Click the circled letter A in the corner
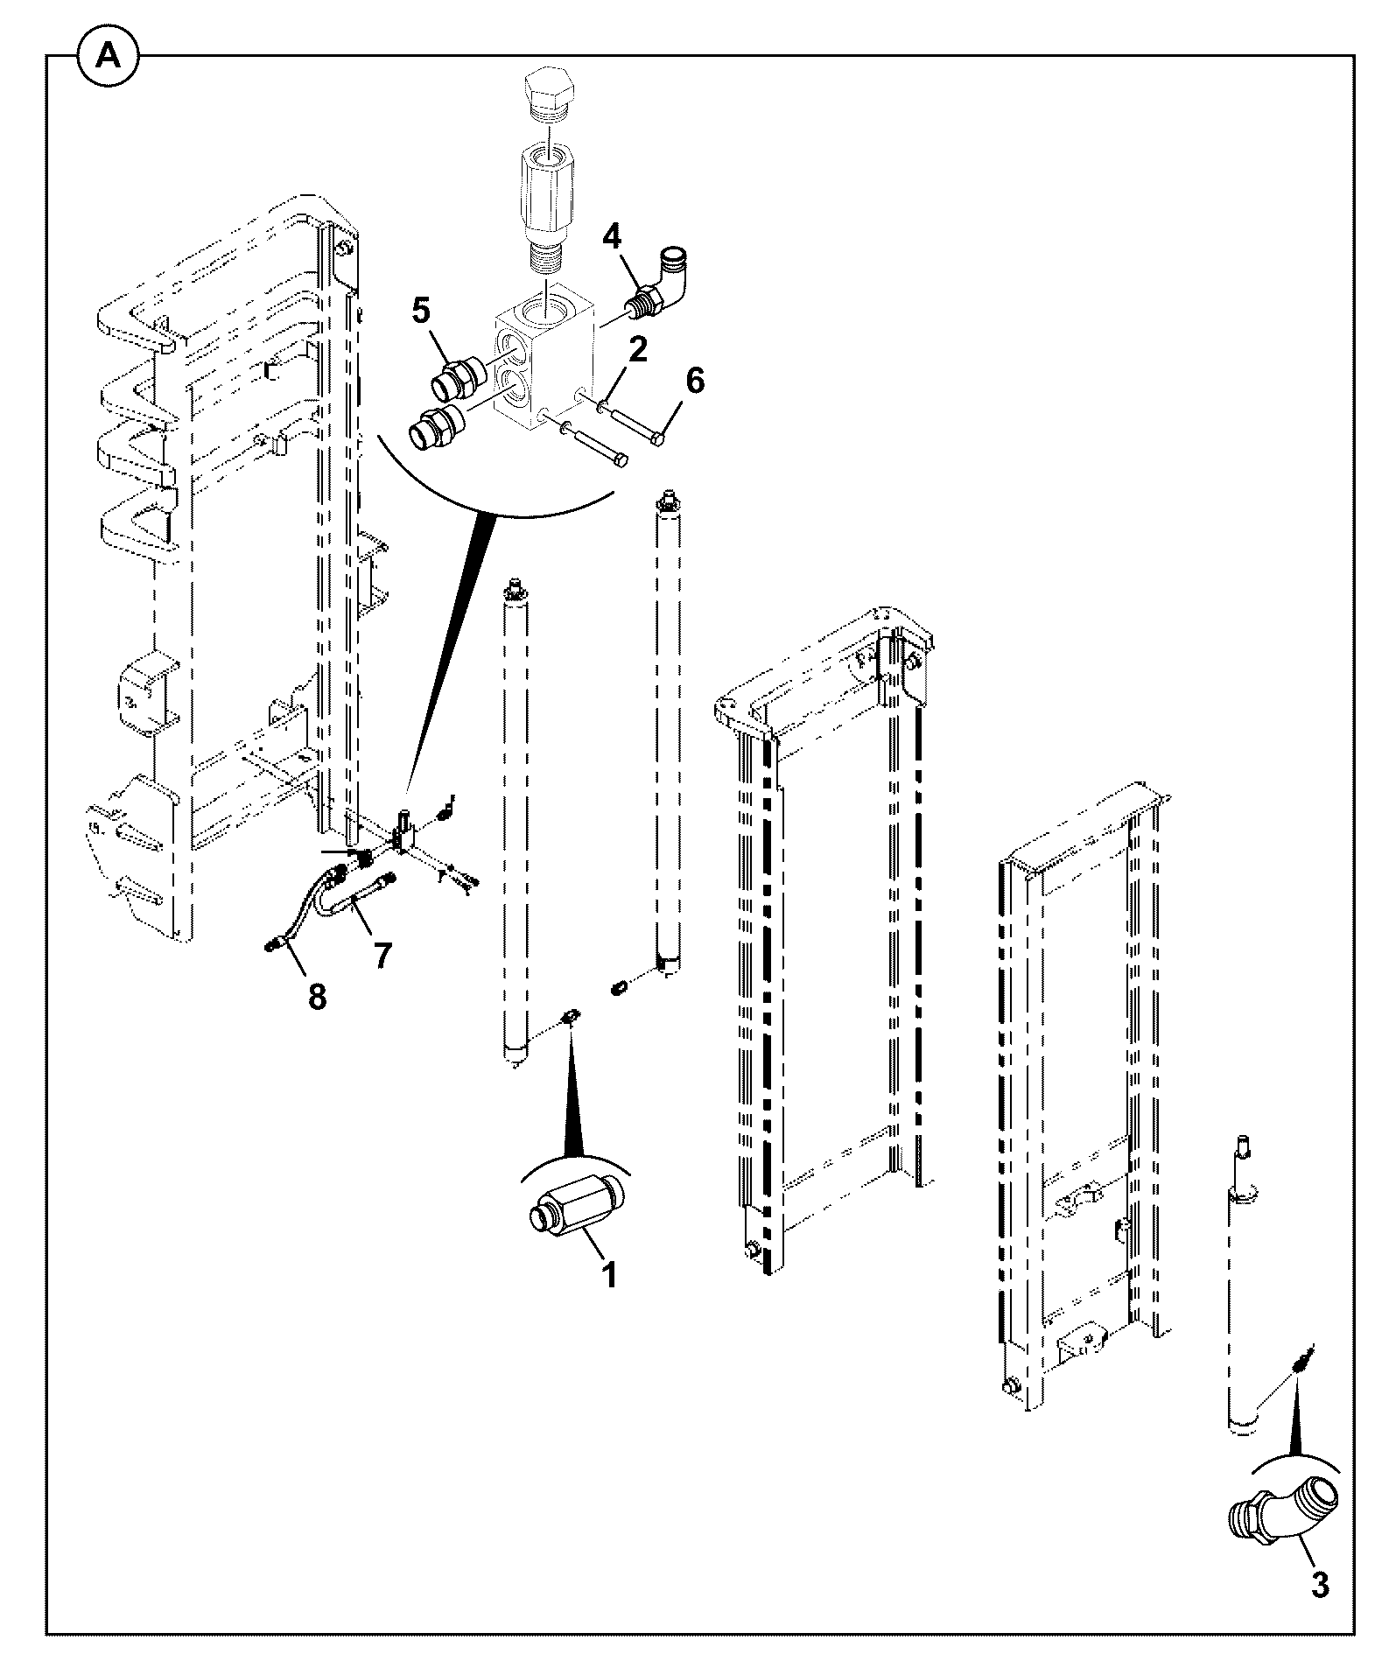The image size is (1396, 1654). [109, 56]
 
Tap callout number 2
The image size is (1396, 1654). [637, 350]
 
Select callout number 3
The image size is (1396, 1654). [1319, 1585]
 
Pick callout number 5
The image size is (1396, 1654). [421, 311]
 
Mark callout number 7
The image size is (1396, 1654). [383, 955]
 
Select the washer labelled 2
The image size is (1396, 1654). [603, 405]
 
